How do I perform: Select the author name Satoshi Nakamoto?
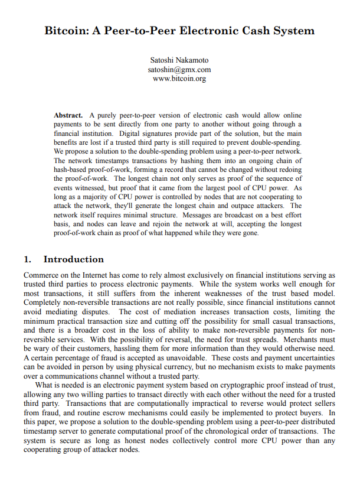(x=179, y=60)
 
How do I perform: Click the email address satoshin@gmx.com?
(x=179, y=69)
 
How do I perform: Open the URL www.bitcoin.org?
(x=179, y=78)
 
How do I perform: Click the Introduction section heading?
(x=74, y=259)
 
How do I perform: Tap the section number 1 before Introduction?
(x=27, y=259)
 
